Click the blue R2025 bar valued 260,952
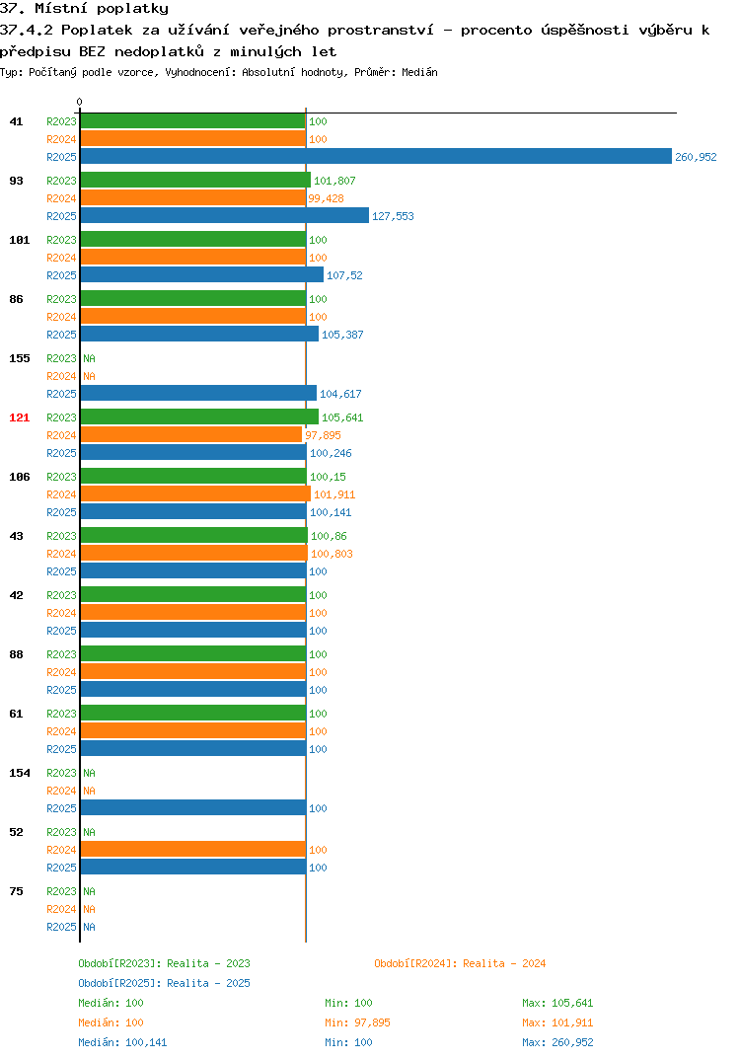point(377,156)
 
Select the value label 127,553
point(393,216)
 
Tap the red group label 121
point(20,417)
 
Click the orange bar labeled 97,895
point(191,434)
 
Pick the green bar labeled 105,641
point(199,417)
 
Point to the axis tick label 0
point(80,102)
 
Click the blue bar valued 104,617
point(198,393)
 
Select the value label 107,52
point(344,275)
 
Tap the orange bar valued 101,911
point(196,494)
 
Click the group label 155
point(20,358)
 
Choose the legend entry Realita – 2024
point(460,963)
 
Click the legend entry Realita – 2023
point(164,963)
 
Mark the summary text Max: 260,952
point(557,1042)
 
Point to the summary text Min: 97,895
point(357,1022)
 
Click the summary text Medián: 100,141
point(122,1042)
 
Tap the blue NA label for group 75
point(89,927)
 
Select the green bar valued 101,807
point(196,180)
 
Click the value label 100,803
point(332,554)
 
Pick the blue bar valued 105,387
point(199,334)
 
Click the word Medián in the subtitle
point(419,72)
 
